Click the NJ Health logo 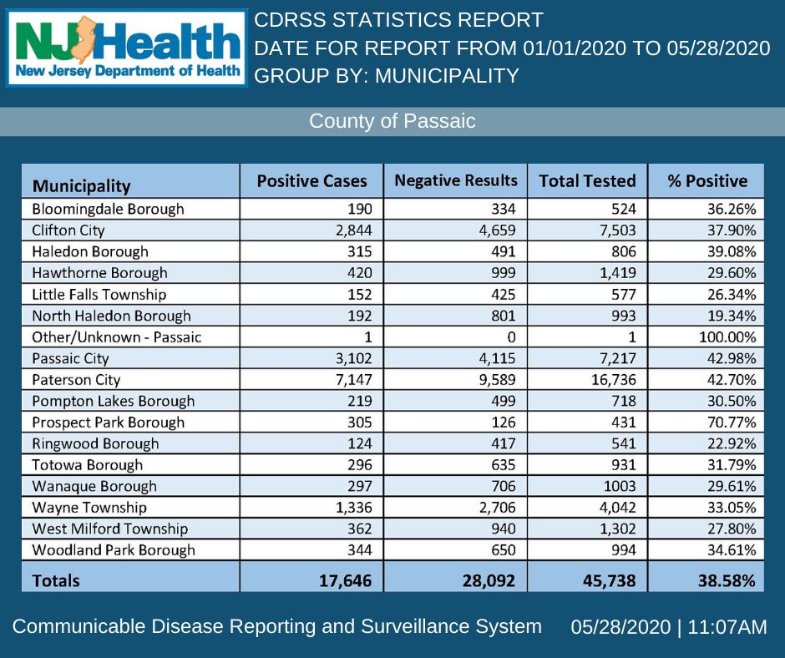127,48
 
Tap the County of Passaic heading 392,121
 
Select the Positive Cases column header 311,181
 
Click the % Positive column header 706,181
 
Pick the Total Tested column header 587,181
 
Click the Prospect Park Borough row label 108,423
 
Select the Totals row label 56,580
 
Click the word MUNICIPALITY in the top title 447,76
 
